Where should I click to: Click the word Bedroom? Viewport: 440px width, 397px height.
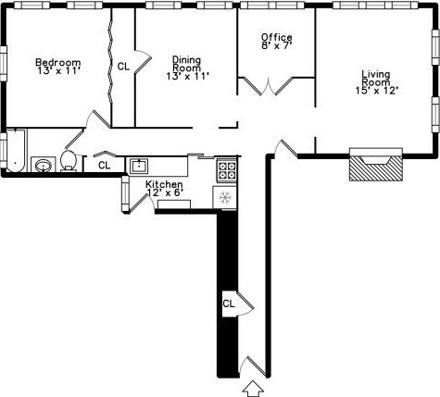[57, 63]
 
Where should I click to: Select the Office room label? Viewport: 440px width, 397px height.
[276, 38]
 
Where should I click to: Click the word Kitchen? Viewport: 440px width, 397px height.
[164, 185]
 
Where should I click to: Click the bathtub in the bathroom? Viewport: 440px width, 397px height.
[14, 151]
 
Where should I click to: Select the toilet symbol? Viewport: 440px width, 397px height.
[69, 161]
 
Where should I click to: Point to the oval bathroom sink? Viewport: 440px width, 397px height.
[43, 166]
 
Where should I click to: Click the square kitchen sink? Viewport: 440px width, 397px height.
[138, 167]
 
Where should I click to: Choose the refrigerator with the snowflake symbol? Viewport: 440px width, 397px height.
[224, 196]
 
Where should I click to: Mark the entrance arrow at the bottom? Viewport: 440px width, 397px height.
[251, 389]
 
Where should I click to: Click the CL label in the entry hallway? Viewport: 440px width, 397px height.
[229, 303]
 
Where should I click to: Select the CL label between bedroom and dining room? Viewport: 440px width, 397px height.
[123, 66]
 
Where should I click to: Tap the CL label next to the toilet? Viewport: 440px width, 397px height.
[104, 165]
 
